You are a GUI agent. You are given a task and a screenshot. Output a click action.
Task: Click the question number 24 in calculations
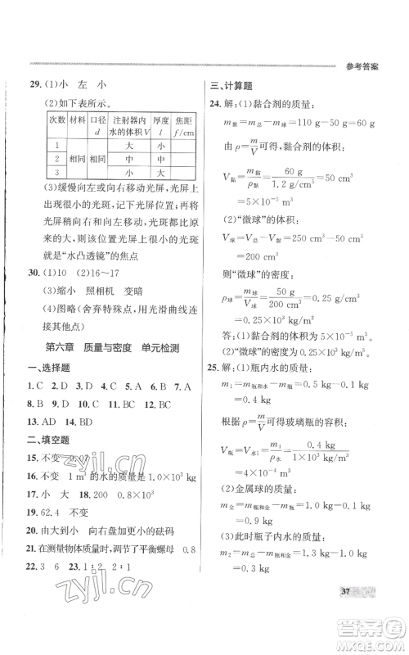[x=216, y=104]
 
